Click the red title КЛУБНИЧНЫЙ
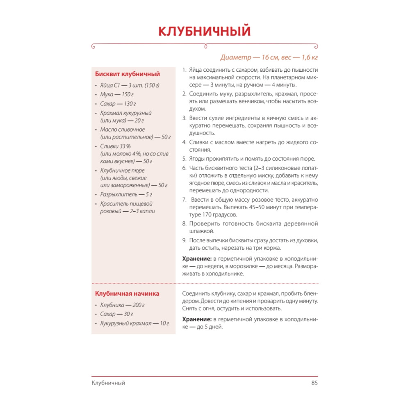coord(205,32)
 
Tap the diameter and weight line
coord(269,57)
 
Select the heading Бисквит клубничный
coord(128,74)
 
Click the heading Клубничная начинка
coord(127,294)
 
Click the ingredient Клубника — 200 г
coord(122,305)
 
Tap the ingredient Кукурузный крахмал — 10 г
coord(134,323)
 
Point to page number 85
coord(314,383)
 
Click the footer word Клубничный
coord(108,383)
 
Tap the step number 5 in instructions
coord(184,159)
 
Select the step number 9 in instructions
coord(184,240)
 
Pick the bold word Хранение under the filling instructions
coord(196,319)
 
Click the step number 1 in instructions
coord(184,70)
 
